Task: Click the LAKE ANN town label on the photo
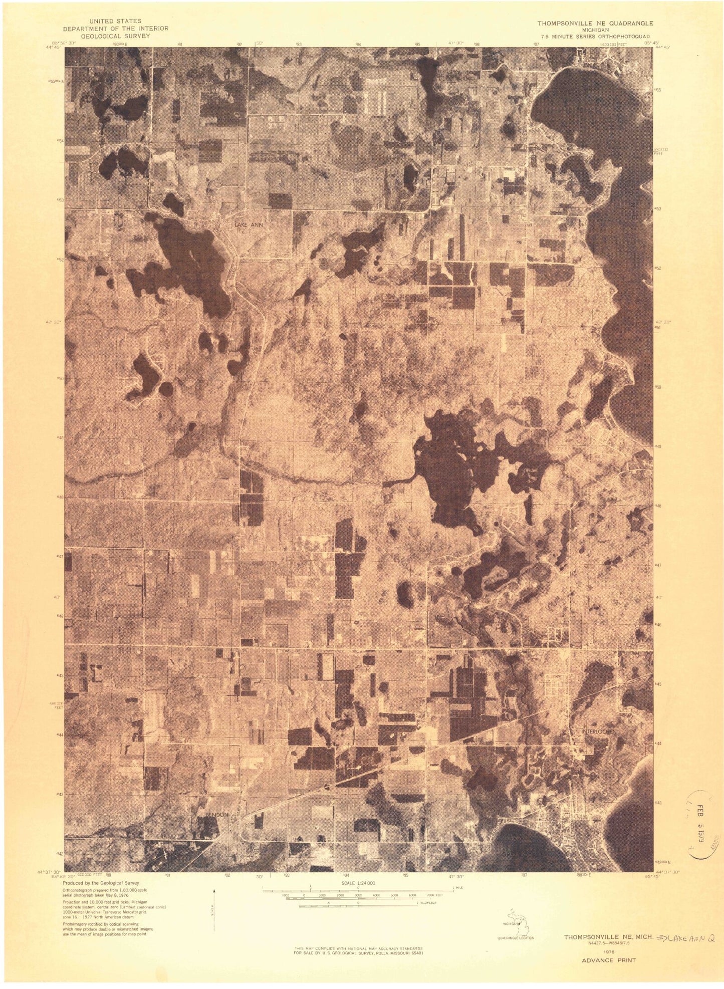[248, 226]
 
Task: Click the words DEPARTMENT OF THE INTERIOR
[115, 29]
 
